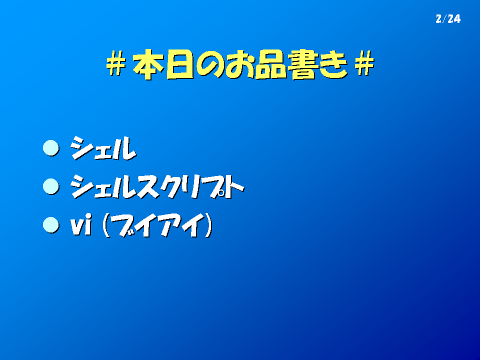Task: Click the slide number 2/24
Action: [x=448, y=19]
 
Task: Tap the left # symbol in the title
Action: [x=116, y=63]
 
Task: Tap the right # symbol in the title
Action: [x=364, y=63]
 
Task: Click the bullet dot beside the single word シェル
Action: [x=51, y=148]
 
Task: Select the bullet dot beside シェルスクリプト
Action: [x=51, y=186]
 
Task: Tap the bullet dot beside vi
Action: [x=51, y=225]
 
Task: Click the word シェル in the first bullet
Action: [x=103, y=148]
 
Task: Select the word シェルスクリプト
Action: [x=157, y=186]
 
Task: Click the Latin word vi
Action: [x=81, y=225]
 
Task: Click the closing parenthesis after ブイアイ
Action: [x=208, y=225]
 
